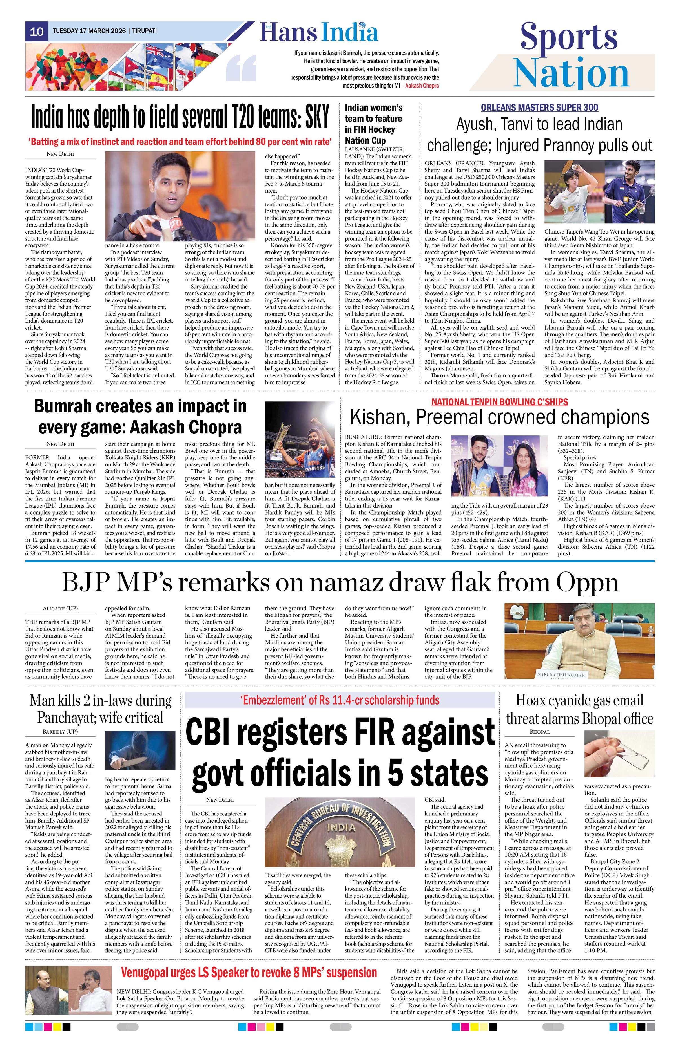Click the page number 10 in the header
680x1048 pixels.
point(37,31)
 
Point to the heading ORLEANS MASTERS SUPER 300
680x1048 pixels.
point(539,108)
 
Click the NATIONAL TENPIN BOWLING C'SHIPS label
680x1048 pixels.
point(499,402)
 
